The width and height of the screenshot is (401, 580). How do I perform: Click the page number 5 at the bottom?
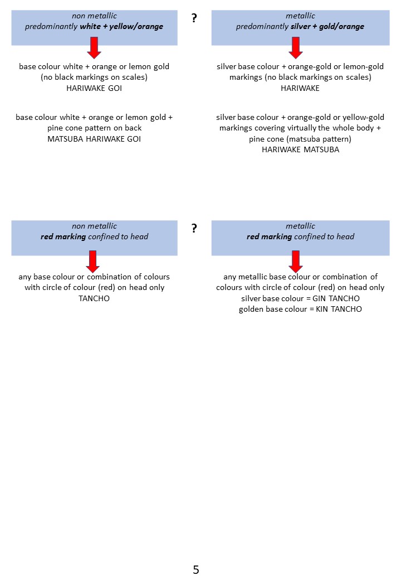click(x=195, y=569)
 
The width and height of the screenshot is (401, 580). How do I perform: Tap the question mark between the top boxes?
click(x=194, y=18)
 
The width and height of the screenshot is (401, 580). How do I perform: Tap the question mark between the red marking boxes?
click(x=194, y=228)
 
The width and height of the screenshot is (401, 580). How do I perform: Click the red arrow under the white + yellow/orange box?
click(x=94, y=48)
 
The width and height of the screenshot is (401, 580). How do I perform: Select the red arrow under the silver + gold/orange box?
click(x=295, y=48)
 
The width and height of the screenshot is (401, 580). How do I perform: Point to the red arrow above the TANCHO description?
click(x=94, y=261)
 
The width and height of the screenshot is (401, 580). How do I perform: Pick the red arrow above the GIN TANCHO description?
click(x=295, y=261)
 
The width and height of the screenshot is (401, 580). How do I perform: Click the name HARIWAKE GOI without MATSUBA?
click(x=94, y=88)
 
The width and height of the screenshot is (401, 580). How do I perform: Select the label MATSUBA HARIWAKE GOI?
click(x=94, y=139)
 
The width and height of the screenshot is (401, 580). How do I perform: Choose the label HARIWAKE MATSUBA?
click(x=300, y=149)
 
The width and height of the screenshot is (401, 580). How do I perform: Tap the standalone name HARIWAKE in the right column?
click(x=300, y=88)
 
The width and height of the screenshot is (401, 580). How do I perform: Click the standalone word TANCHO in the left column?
click(x=94, y=298)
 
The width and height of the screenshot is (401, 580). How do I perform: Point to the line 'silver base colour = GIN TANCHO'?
click(x=300, y=298)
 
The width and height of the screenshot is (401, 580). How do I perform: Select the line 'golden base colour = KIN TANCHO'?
click(x=300, y=309)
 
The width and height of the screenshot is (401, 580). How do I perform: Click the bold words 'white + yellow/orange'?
click(x=121, y=26)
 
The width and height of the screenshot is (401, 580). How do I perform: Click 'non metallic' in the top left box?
click(x=94, y=16)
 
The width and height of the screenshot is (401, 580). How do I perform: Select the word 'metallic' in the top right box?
click(x=300, y=16)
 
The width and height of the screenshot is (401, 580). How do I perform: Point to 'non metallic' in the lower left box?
click(x=94, y=226)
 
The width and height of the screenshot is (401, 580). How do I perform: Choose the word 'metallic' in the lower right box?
click(x=300, y=226)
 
